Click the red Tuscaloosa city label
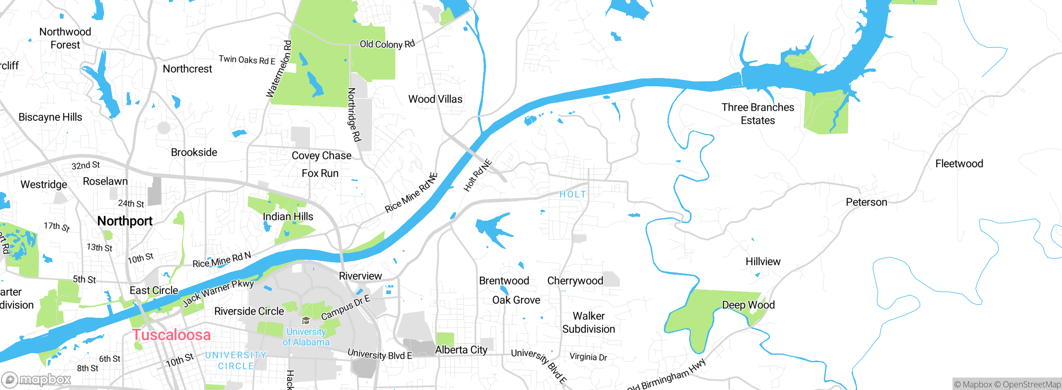(171, 335)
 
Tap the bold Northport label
(125, 221)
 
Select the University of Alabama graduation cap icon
(306, 320)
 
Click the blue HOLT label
(573, 194)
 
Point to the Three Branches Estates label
(758, 114)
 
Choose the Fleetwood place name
(959, 164)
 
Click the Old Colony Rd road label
(387, 44)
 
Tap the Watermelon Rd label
(279, 69)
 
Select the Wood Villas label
(435, 99)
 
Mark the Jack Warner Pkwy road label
(218, 292)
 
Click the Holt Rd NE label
(477, 175)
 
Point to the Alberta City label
(461, 350)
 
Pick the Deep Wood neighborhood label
(748, 305)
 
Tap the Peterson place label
(866, 202)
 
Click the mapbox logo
(37, 379)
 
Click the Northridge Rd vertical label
(354, 115)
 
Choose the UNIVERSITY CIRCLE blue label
(236, 361)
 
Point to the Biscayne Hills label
(50, 117)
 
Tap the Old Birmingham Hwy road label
(667, 375)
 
